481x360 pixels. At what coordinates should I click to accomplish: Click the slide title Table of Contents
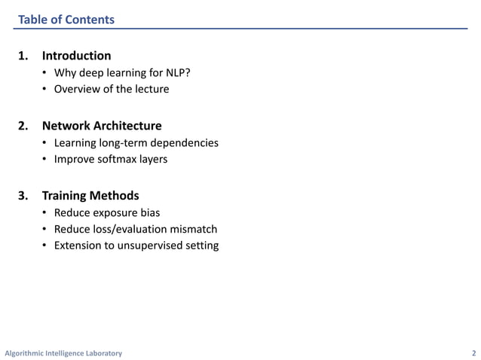(x=66, y=20)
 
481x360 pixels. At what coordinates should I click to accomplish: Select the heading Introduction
(x=76, y=56)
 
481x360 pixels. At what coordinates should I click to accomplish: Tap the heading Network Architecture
(x=102, y=126)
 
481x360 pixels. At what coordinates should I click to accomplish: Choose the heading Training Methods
(x=90, y=196)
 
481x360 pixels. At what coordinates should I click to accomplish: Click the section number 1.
(x=23, y=56)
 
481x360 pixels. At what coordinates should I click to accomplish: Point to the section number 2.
(x=23, y=126)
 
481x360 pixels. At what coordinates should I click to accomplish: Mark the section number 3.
(x=23, y=196)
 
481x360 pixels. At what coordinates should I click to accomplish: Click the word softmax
(x=118, y=159)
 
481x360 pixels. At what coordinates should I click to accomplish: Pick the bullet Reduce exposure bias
(x=106, y=213)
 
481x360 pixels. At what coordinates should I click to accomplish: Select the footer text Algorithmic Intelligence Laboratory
(x=63, y=353)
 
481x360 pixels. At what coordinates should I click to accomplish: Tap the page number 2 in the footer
(x=473, y=353)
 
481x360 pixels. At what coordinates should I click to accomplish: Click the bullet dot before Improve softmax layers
(x=46, y=159)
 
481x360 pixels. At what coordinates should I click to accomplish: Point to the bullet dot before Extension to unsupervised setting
(x=46, y=245)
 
